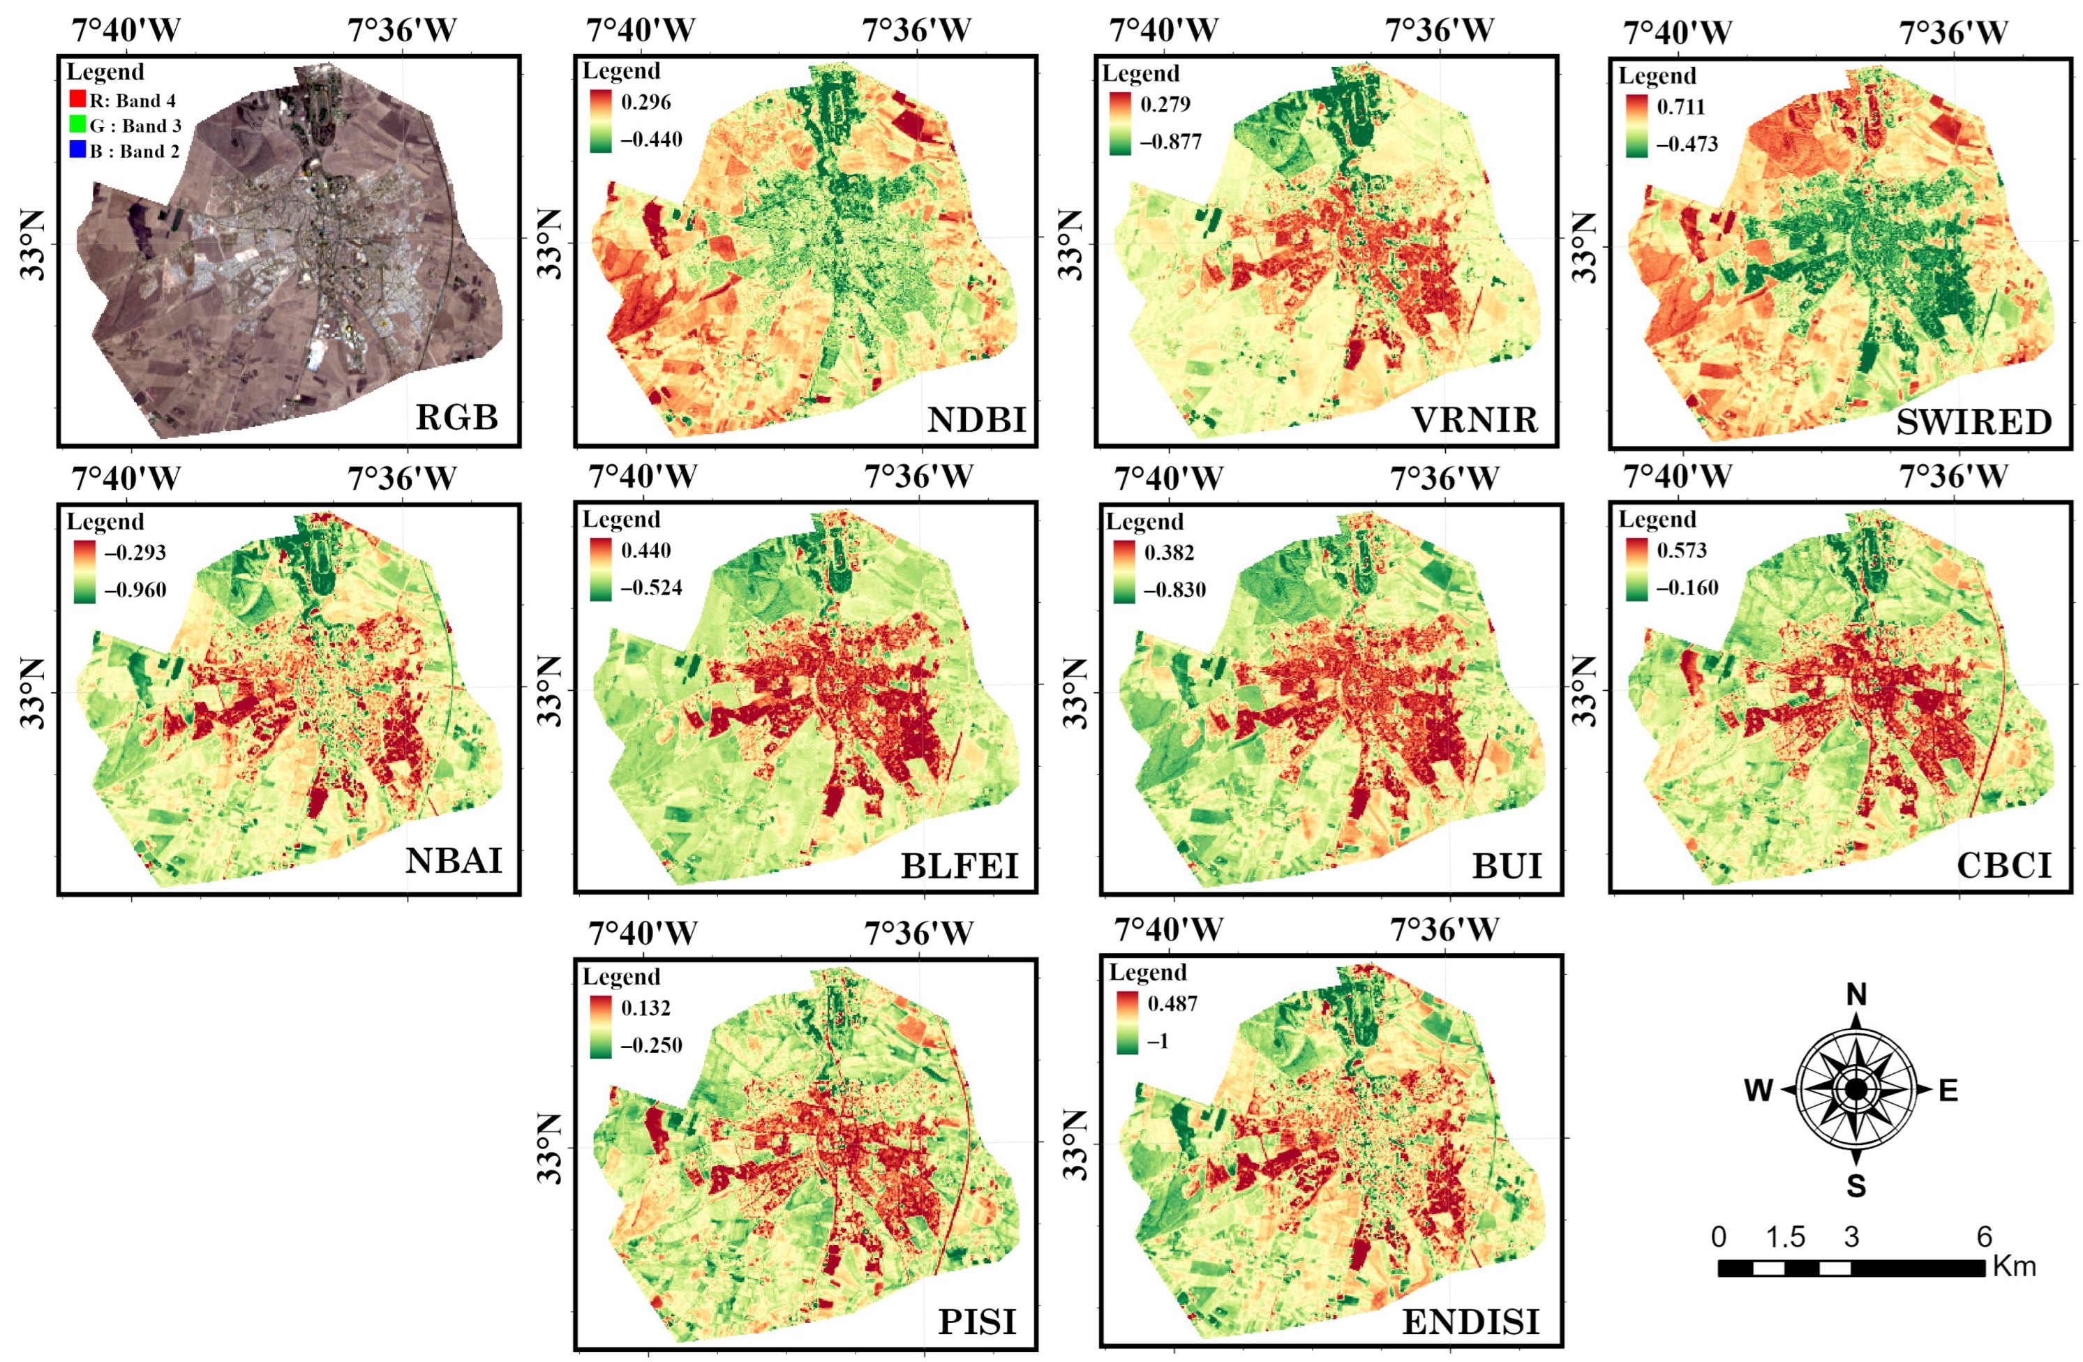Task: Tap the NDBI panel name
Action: tap(976, 420)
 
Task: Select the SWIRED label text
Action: tap(1973, 422)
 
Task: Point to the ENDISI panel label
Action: tap(1470, 1322)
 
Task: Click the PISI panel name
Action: tap(977, 1322)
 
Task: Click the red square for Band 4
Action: tap(77, 100)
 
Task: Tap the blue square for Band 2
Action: tap(77, 150)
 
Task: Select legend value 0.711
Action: tap(1680, 107)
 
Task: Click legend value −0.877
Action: tap(1170, 142)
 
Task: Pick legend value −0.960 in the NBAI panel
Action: tap(135, 589)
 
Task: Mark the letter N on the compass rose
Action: tap(1856, 994)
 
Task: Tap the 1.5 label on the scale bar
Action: tap(1784, 1237)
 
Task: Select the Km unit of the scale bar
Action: tap(2014, 1266)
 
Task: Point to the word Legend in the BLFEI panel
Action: tap(621, 519)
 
